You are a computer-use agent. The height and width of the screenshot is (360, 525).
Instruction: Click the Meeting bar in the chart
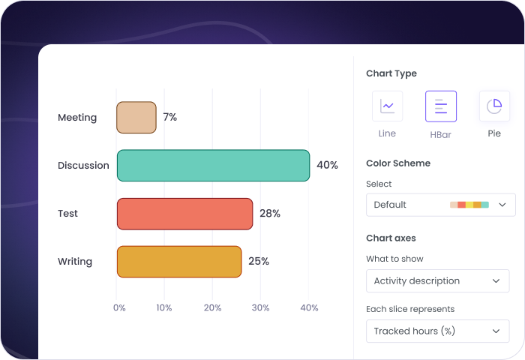[136, 118]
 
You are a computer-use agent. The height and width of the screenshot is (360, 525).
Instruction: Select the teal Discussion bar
[213, 166]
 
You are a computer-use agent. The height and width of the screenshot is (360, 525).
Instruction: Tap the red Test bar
[184, 214]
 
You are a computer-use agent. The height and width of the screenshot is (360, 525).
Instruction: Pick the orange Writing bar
[179, 262]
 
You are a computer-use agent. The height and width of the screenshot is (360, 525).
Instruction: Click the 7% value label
[170, 118]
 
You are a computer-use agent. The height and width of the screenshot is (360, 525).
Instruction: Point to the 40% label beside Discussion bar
[327, 166]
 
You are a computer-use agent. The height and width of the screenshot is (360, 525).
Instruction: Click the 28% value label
[270, 214]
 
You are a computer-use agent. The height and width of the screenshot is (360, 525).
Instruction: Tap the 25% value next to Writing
[259, 262]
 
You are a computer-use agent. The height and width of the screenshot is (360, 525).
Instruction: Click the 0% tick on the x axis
[119, 307]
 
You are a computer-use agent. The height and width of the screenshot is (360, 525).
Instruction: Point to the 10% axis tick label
[164, 307]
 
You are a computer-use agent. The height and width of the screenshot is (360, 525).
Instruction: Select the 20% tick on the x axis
[212, 307]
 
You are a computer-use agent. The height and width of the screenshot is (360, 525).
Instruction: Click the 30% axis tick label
[260, 307]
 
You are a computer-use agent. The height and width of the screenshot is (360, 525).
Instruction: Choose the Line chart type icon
[387, 106]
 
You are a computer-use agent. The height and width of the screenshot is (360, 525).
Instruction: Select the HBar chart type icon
[440, 106]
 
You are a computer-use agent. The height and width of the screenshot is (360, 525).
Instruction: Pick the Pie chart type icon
[494, 106]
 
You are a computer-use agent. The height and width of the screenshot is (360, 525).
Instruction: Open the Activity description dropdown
[437, 281]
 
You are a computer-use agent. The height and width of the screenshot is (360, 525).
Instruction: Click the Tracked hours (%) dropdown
[437, 331]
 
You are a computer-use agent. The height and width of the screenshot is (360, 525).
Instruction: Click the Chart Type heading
[391, 73]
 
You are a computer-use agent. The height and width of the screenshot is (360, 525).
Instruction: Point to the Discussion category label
[83, 166]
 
